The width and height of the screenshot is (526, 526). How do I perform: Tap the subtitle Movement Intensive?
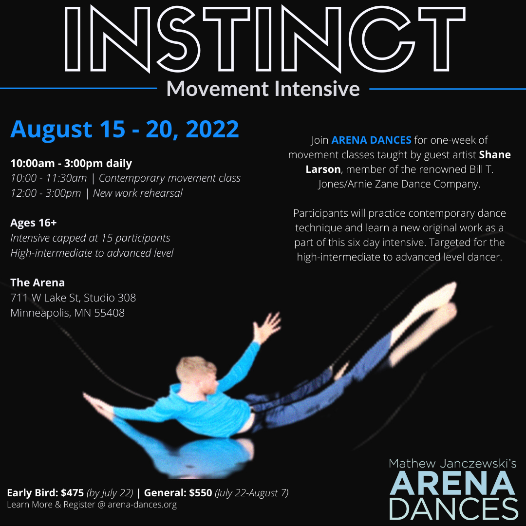263,89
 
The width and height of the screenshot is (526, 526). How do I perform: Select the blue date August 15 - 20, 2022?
125,129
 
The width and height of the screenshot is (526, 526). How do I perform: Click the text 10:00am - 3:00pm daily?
71,163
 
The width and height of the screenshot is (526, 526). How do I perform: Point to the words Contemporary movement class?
169,178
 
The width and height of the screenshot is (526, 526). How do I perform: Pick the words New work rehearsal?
137,193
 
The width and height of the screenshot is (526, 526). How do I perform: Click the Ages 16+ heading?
34,223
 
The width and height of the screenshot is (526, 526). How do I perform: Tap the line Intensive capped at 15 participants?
90,238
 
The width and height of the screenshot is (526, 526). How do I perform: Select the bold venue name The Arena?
38,282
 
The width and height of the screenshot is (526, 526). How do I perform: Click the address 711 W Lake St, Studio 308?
73,298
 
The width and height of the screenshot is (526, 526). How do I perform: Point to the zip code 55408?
110,313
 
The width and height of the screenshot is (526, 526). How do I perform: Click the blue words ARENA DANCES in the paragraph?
371,140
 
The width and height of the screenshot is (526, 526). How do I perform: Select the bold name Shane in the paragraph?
495,155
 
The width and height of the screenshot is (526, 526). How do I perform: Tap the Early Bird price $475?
72,493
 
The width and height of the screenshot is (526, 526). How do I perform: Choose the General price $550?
201,493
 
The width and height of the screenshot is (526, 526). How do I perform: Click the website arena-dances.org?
142,505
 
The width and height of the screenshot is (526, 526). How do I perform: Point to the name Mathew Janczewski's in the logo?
452,464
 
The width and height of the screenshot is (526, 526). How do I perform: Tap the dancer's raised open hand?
267,326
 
